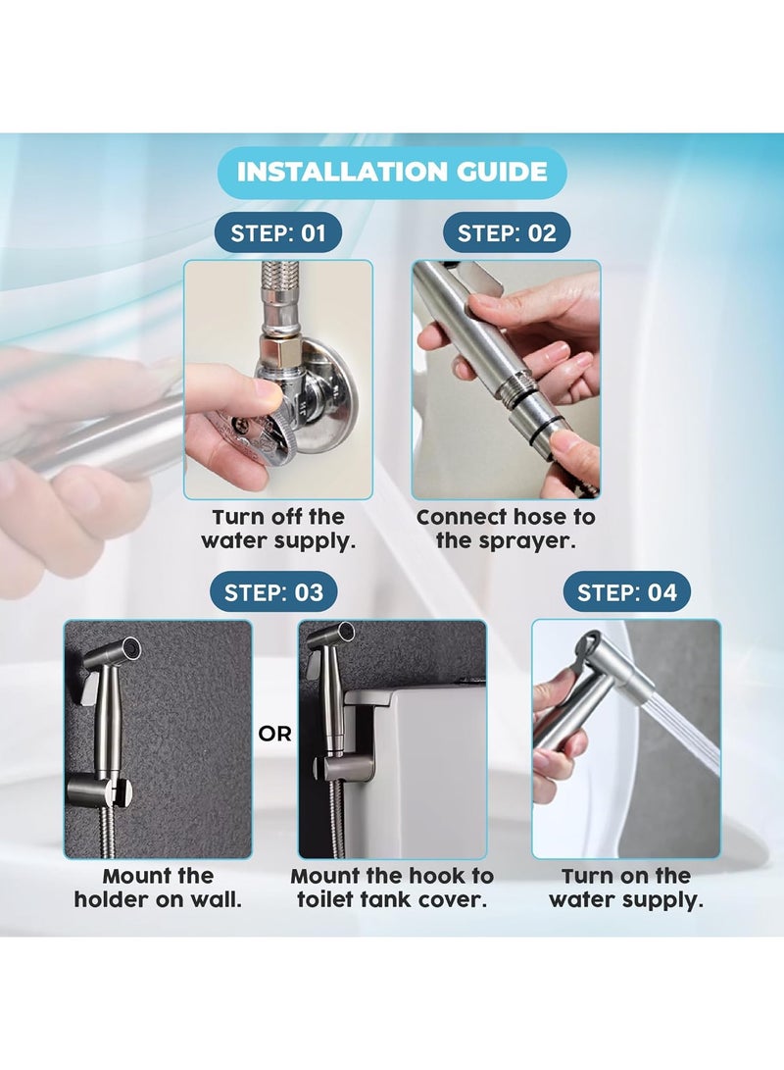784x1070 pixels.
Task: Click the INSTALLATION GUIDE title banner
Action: tap(392, 172)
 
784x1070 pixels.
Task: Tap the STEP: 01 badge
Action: tap(278, 233)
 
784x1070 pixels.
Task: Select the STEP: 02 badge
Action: tap(507, 233)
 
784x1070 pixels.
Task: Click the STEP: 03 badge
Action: tap(274, 591)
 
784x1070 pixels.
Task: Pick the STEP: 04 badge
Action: tap(626, 591)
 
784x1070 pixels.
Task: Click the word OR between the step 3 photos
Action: tap(274, 734)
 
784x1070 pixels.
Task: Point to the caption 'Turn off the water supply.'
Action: tap(278, 529)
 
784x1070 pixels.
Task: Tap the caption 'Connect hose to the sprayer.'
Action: tap(506, 529)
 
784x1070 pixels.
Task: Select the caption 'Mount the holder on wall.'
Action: tap(158, 888)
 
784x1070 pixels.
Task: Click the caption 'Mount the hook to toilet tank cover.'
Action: tap(392, 888)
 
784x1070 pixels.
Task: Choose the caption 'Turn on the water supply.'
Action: tap(626, 888)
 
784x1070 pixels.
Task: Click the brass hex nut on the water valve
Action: tap(280, 352)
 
